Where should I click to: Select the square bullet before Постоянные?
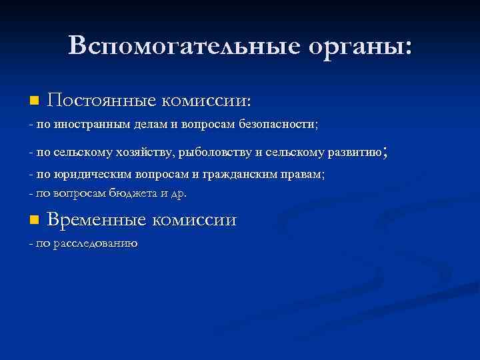[x=35, y=101]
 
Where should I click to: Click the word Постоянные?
[x=102, y=101]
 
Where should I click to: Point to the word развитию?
[x=354, y=153]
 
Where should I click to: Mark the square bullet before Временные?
[x=35, y=220]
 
